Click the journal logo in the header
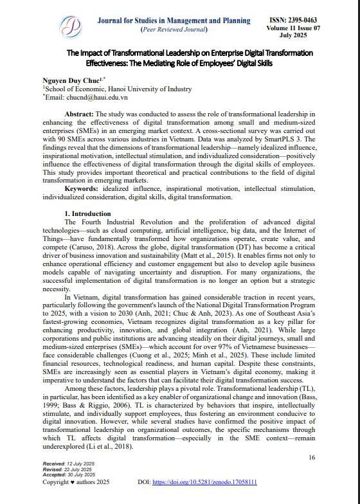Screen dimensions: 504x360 tap(71, 26)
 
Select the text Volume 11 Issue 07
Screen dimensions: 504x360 tap(292, 30)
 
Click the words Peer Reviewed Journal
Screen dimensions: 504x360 tap(174, 30)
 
